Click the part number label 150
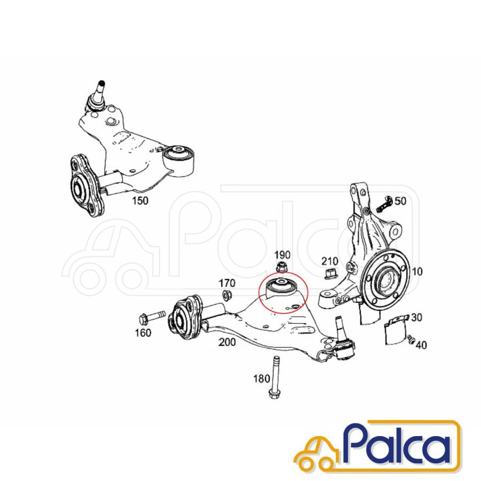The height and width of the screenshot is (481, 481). coord(140,200)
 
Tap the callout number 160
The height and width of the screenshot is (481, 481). coord(143,332)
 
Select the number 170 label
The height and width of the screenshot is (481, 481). coord(227,283)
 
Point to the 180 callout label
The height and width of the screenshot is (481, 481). coord(261,378)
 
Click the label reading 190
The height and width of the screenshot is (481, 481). coord(282,254)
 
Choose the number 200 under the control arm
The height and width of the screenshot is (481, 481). coord(227,342)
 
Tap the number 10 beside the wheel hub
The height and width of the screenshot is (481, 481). coord(417,271)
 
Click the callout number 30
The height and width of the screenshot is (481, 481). coord(416,317)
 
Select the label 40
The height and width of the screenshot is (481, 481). coord(421,345)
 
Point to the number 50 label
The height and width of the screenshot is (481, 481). coord(400,201)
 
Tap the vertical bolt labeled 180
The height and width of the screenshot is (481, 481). coord(275,377)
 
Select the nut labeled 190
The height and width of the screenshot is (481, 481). coord(281,267)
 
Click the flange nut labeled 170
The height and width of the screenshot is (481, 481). coord(227,295)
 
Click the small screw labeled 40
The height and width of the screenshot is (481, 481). coord(411,339)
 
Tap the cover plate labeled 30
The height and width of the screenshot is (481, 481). coord(395,330)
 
